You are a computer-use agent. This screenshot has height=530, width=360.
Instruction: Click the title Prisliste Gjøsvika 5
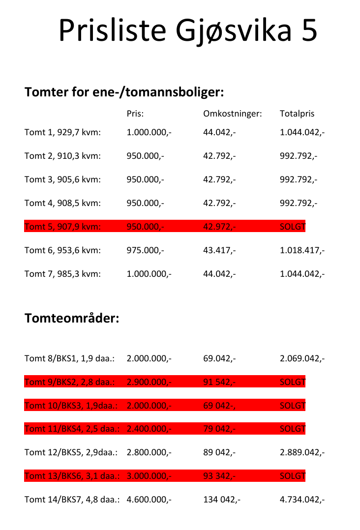point(187,30)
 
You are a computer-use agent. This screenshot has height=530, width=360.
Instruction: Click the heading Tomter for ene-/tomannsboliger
point(124,92)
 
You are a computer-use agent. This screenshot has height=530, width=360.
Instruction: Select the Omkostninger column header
point(232,114)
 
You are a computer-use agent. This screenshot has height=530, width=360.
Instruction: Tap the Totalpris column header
point(297,114)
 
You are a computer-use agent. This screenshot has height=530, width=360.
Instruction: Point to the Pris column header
point(135,114)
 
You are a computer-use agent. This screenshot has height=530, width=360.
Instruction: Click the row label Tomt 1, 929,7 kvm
point(62,132)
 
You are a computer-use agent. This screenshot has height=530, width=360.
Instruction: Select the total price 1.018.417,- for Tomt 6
point(302,250)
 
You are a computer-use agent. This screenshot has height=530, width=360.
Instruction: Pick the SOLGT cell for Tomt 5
point(292,227)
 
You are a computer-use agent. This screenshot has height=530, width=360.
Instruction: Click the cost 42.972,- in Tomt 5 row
point(219,227)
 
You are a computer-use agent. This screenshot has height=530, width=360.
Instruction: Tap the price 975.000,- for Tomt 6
point(145,250)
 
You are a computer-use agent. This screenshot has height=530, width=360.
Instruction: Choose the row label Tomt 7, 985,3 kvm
point(62,274)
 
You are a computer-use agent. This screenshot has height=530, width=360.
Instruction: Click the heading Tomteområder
point(72,318)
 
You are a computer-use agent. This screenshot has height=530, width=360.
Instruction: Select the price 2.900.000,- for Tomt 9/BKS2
point(149,382)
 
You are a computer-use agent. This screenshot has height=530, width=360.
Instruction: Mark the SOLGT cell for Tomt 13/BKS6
point(292,476)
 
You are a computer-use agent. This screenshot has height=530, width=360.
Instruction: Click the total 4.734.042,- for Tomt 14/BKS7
point(302,500)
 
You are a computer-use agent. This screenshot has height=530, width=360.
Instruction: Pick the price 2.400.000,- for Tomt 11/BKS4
point(149,429)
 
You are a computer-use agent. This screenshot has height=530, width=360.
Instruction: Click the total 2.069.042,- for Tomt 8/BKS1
point(302,358)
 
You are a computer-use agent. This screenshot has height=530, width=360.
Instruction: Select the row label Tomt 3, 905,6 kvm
point(62,179)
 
